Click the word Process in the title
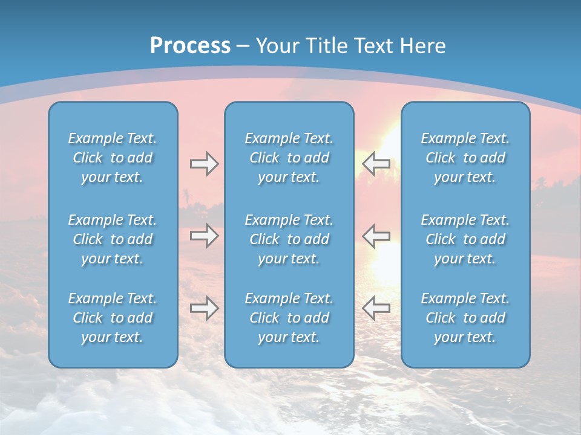(190, 46)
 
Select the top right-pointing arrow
(204, 164)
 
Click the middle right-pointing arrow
(204, 236)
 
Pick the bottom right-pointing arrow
(204, 308)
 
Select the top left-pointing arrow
(376, 164)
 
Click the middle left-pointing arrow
(376, 236)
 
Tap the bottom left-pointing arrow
(376, 308)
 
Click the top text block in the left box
(113, 158)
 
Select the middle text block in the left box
(113, 239)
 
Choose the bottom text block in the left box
(113, 318)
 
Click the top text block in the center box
(289, 158)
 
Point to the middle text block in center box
(289, 239)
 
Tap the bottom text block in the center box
(289, 318)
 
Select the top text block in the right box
(465, 158)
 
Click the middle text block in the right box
(465, 239)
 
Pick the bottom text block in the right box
(465, 318)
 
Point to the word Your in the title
(276, 46)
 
